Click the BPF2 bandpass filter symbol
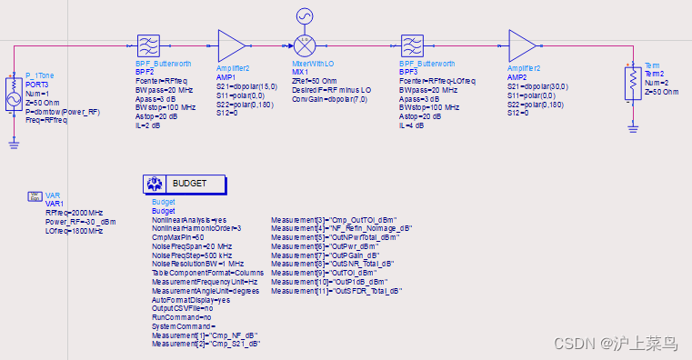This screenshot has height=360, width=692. pos(148,45)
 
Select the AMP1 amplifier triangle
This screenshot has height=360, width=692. pos(231,45)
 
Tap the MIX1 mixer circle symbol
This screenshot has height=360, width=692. pos(302,45)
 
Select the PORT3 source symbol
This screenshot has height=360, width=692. pos(15,90)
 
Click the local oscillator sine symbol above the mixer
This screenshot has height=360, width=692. pos(302,15)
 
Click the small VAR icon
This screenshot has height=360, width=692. pos(33,195)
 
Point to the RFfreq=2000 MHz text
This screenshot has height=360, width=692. pos(74,212)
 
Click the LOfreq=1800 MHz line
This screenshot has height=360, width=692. pos(74,230)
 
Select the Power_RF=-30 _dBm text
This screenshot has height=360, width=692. pos(81,221)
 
